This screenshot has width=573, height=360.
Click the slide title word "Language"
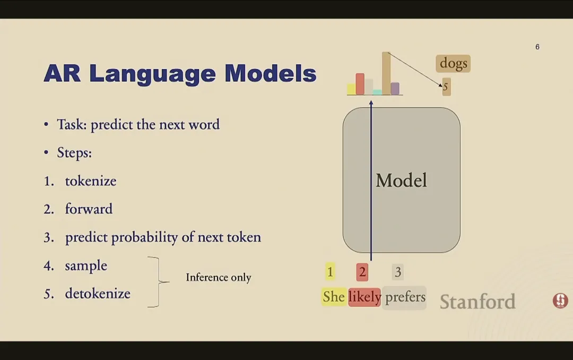click(x=152, y=74)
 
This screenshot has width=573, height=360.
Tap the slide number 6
click(x=537, y=47)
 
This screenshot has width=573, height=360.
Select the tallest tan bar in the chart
click(x=386, y=73)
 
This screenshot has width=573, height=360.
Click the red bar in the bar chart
click(x=360, y=84)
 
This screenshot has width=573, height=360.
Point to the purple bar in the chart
click(x=395, y=88)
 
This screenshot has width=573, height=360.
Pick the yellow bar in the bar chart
click(x=351, y=89)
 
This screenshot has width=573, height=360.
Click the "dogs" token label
click(x=453, y=63)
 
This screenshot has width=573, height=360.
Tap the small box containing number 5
click(x=446, y=87)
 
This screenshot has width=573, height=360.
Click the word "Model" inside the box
click(x=401, y=181)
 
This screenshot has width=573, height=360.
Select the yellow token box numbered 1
click(x=330, y=272)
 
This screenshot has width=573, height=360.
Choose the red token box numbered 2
click(x=362, y=272)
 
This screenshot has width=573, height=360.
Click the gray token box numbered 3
click(x=398, y=272)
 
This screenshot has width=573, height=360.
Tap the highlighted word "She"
click(x=334, y=296)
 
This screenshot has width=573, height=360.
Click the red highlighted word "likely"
click(x=364, y=297)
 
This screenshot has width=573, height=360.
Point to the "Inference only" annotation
click(x=219, y=277)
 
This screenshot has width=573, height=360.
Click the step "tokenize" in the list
click(x=91, y=181)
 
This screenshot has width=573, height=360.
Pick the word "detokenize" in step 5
click(x=98, y=294)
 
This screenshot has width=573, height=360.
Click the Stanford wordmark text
click(x=477, y=302)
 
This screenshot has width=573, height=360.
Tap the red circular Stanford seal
click(x=560, y=301)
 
